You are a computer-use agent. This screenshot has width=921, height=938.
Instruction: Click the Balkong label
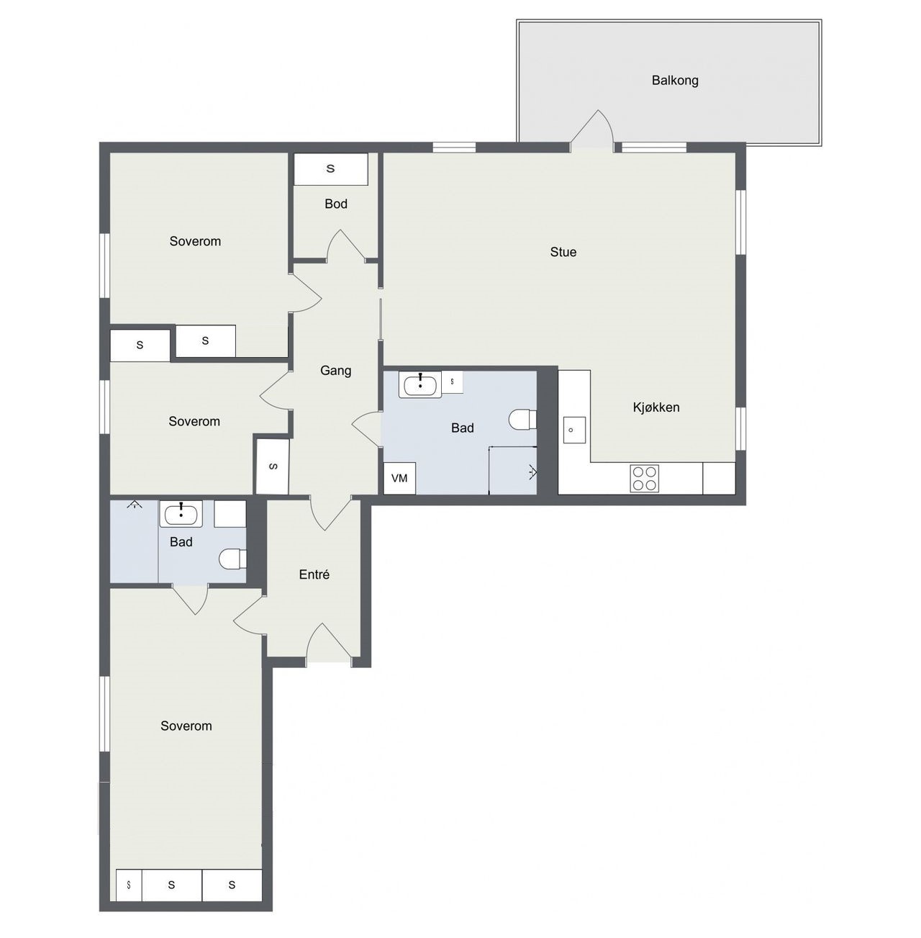click(x=675, y=81)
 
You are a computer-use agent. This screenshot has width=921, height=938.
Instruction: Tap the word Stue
click(x=563, y=252)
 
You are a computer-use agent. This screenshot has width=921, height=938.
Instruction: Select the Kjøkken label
click(x=655, y=407)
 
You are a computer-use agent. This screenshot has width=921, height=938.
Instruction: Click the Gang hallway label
click(x=335, y=371)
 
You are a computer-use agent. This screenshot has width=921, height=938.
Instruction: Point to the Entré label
click(x=314, y=574)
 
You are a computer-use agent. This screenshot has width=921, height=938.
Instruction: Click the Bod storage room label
click(x=336, y=204)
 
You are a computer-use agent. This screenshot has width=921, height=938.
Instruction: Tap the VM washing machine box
click(x=399, y=478)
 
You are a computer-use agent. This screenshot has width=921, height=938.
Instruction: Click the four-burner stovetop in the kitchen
click(x=644, y=478)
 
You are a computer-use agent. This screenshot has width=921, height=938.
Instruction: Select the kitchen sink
click(x=574, y=430)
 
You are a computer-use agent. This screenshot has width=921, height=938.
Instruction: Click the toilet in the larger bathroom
click(x=522, y=420)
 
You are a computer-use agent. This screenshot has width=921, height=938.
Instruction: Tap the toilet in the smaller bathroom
click(x=233, y=559)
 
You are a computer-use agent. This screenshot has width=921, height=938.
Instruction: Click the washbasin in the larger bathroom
click(x=420, y=385)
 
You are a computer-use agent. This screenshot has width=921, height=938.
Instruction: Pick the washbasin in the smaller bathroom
click(x=181, y=514)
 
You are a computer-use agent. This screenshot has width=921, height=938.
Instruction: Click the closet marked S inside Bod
click(x=331, y=169)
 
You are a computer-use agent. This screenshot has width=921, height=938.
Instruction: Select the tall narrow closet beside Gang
click(x=273, y=466)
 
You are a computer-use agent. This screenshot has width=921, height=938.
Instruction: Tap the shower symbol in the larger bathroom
click(x=532, y=472)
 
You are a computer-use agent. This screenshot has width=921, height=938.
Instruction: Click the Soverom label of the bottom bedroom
click(x=186, y=726)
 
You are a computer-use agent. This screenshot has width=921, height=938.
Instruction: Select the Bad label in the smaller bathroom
click(x=181, y=542)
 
